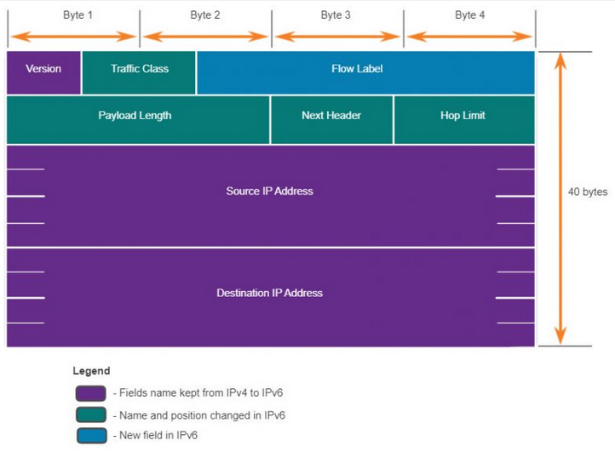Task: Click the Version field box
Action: (43, 72)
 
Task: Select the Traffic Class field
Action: (139, 72)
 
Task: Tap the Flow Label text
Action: (357, 69)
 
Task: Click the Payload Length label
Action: (135, 116)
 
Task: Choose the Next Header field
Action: (331, 120)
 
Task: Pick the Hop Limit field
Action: (464, 120)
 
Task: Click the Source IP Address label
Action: (269, 191)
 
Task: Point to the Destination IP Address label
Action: (269, 293)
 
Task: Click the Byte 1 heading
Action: (78, 15)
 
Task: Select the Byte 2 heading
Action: (205, 15)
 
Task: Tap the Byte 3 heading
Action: (336, 15)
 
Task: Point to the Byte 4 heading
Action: (469, 15)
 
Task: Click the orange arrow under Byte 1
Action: (73, 37)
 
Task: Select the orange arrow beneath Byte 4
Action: (469, 37)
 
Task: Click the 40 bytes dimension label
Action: (588, 192)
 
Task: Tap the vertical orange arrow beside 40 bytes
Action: (560, 198)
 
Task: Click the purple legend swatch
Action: (90, 393)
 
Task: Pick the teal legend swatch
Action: (91, 415)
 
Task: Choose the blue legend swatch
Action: (91, 436)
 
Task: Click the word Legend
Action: (91, 371)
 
